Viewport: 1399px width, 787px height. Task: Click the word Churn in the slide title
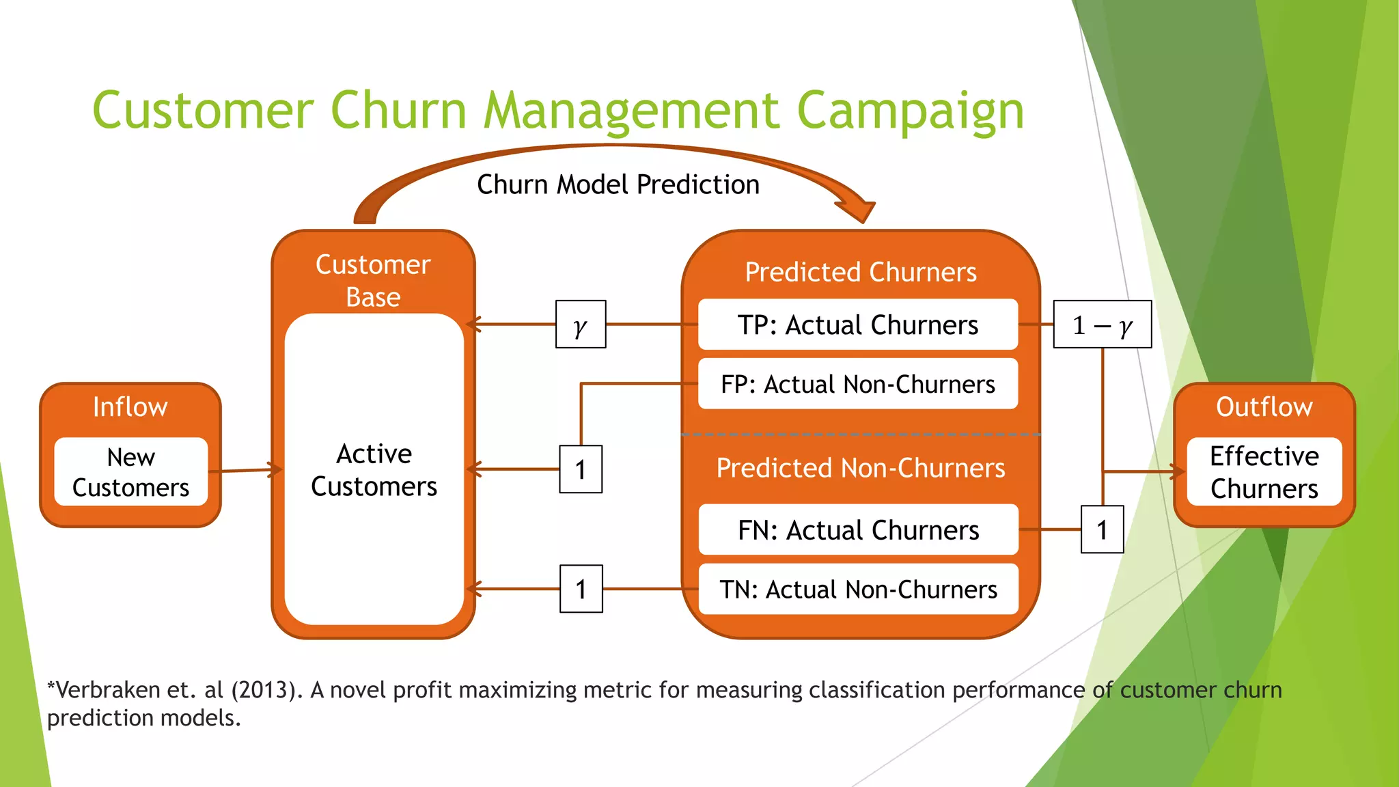(x=398, y=110)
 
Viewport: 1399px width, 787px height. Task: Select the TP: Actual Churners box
(x=858, y=325)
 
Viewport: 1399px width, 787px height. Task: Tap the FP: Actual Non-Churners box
(x=858, y=385)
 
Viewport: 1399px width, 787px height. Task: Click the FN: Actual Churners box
(x=858, y=530)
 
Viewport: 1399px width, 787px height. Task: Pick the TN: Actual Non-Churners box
(x=858, y=590)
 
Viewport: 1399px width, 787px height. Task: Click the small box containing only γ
(x=581, y=325)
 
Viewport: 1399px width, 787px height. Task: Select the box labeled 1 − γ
(x=1102, y=325)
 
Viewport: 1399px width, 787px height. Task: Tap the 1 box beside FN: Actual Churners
(x=1102, y=529)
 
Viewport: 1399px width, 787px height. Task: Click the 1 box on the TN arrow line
(x=581, y=589)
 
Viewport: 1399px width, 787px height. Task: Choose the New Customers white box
(x=130, y=472)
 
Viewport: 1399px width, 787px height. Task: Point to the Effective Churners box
(x=1264, y=472)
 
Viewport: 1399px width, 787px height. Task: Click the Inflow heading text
(x=130, y=407)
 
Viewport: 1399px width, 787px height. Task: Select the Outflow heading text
(x=1264, y=407)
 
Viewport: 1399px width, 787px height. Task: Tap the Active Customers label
(x=374, y=470)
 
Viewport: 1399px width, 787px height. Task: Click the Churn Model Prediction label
(x=618, y=184)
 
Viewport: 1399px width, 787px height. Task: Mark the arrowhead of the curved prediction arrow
(x=859, y=211)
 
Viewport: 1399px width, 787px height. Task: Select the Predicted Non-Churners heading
(x=860, y=468)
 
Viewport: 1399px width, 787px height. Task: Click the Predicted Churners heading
(x=860, y=272)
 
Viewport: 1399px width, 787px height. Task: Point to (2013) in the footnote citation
(x=266, y=690)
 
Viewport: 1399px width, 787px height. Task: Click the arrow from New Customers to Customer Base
(x=246, y=470)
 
